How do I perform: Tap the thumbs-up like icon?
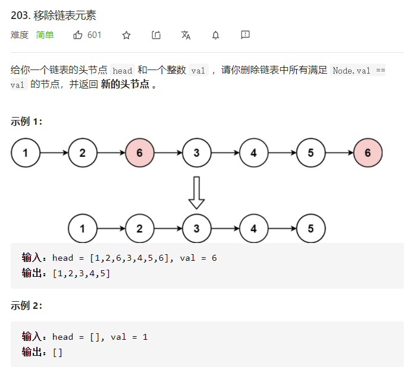pos(78,35)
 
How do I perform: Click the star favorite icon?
pos(126,35)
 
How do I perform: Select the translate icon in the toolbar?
pos(186,35)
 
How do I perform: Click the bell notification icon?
pos(215,35)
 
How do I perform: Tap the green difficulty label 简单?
pos(45,35)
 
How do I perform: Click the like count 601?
pos(95,35)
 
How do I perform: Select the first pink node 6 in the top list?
pos(140,153)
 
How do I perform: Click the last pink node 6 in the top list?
pos(368,153)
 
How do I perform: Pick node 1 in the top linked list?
pos(26,153)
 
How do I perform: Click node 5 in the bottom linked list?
pos(311,229)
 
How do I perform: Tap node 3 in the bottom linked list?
pos(197,229)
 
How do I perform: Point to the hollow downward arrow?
pos(197,192)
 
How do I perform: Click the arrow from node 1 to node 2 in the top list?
pos(54,153)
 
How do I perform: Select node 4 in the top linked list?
pos(254,153)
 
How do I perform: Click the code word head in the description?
pos(122,71)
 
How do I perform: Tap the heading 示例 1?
pos(26,122)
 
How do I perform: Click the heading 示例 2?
pos(26,306)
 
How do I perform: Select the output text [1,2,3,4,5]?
pos(81,273)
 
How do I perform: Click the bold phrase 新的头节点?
pos(125,84)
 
